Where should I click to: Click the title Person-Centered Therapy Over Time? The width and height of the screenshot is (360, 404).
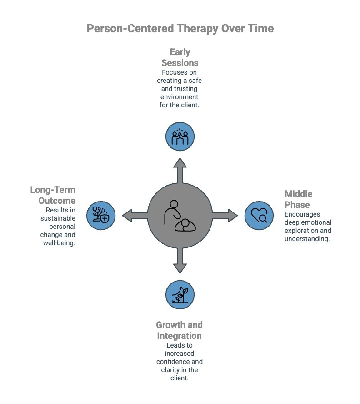click(x=180, y=28)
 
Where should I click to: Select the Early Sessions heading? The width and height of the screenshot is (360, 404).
click(x=180, y=57)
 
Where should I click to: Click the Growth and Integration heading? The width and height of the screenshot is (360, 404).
click(x=180, y=330)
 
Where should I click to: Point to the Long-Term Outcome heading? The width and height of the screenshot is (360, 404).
click(x=53, y=195)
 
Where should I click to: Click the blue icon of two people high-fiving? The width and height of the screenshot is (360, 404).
click(x=180, y=136)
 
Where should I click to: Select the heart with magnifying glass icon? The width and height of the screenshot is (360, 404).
click(x=259, y=215)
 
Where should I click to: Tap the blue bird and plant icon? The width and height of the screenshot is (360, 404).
click(x=180, y=294)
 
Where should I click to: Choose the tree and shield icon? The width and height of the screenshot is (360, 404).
click(x=101, y=215)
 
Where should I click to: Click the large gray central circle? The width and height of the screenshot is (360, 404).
click(x=180, y=215)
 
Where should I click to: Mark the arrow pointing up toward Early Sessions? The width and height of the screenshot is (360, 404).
click(x=180, y=169)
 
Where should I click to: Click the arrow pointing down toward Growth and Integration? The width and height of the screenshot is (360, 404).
click(x=180, y=262)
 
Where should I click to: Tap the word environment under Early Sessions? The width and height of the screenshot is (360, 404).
click(x=180, y=97)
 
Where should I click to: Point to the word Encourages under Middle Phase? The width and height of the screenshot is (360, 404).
click(x=302, y=214)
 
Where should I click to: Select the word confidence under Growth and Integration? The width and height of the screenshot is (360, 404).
click(x=180, y=362)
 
